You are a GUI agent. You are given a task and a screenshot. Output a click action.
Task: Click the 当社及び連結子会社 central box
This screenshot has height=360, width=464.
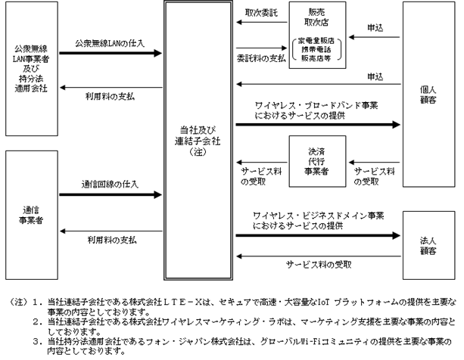click(x=198, y=141)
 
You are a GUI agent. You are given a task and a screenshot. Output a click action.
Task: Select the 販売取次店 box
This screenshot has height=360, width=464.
click(x=317, y=36)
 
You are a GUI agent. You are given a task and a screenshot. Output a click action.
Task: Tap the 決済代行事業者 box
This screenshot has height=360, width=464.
click(x=317, y=161)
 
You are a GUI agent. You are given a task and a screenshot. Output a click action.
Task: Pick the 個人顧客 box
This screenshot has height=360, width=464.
click(x=428, y=95)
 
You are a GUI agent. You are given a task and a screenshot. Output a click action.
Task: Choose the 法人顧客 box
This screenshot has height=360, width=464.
click(x=428, y=245)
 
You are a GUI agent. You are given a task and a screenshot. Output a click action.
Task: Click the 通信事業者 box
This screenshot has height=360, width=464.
click(x=32, y=216)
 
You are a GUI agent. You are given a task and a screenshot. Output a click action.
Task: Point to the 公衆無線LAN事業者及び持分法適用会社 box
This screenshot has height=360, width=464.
click(x=32, y=69)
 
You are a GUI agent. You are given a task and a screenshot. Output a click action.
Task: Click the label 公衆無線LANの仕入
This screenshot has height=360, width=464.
click(x=110, y=43)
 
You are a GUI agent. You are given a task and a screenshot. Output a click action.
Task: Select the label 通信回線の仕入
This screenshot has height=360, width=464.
click(x=110, y=185)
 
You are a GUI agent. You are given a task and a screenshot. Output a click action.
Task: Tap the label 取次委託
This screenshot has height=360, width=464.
click(x=261, y=13)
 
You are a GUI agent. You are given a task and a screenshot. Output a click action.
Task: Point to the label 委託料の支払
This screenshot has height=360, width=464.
click(x=261, y=58)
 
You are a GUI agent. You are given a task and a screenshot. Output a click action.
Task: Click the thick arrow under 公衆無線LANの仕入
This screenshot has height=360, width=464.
click(x=111, y=53)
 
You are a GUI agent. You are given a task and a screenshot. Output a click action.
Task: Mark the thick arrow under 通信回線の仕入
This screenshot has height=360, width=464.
click(x=111, y=195)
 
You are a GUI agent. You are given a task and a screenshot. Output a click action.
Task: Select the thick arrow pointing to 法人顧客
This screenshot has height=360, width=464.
click(x=318, y=235)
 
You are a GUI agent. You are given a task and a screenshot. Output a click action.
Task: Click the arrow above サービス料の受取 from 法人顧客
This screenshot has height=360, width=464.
click(x=319, y=256)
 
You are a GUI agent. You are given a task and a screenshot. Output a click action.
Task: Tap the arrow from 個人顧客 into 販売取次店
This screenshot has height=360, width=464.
click(x=374, y=37)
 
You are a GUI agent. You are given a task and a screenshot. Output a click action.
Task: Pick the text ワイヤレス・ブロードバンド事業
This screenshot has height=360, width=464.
click(x=316, y=106)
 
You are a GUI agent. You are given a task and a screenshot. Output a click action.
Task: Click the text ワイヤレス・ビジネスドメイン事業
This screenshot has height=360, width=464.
click(x=319, y=216)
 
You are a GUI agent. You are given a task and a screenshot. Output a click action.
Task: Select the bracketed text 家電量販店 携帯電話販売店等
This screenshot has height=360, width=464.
click(x=316, y=49)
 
